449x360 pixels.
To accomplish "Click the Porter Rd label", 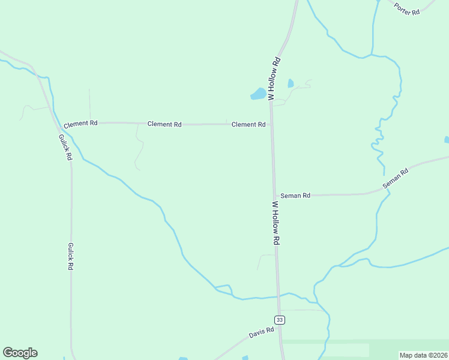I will [x=406, y=8].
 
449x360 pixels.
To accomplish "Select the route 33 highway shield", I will [x=280, y=320].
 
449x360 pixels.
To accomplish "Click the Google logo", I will [x=20, y=353].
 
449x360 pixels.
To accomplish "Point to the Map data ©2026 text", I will [x=424, y=355].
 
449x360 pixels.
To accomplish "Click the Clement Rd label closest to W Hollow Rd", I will [x=249, y=124].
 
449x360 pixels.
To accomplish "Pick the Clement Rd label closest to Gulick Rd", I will [x=80, y=123].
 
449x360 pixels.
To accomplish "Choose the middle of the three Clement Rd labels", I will [x=164, y=124].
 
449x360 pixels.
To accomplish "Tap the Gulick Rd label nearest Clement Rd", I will [x=65, y=146].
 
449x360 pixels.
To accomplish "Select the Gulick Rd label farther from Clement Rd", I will [x=71, y=256].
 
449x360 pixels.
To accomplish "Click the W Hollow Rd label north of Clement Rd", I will [x=274, y=79].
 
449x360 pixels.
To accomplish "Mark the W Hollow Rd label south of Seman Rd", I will [x=276, y=223].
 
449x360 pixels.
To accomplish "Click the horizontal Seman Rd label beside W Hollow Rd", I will [x=295, y=196].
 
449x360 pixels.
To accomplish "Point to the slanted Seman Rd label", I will [x=396, y=179].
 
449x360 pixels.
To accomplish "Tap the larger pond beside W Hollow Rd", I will [x=258, y=94].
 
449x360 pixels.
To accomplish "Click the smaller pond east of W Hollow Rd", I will [x=291, y=83].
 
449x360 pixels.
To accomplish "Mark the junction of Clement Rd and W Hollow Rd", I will [x=271, y=124].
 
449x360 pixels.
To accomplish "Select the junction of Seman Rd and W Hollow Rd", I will [x=274, y=196].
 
